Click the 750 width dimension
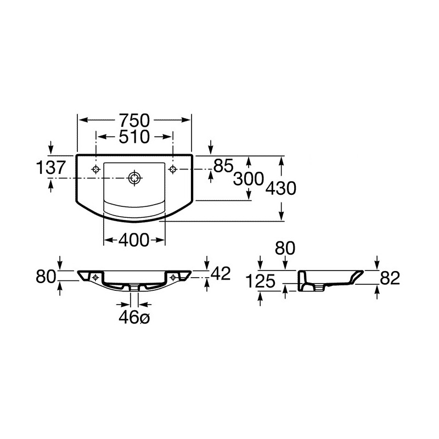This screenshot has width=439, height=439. click(x=134, y=120)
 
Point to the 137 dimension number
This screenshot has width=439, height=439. click(x=51, y=167)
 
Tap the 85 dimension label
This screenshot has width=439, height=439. click(x=223, y=166)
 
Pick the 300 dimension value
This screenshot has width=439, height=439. click(x=249, y=179)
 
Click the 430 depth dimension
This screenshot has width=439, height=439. click(x=280, y=188)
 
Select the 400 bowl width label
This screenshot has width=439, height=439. click(x=134, y=240)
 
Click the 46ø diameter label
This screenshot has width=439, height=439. click(x=134, y=318)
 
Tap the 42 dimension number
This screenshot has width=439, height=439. click(x=221, y=273)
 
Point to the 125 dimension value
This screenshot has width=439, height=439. click(x=261, y=281)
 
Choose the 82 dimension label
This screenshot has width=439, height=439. click(x=390, y=278)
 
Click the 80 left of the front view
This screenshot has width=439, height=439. click(x=46, y=277)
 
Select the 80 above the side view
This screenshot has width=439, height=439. click(x=285, y=248)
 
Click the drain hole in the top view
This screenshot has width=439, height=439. click(x=134, y=178)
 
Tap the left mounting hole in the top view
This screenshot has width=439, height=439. click(x=96, y=169)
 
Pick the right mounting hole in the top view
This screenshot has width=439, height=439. click(x=173, y=169)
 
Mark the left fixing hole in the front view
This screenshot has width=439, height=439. click(x=95, y=277)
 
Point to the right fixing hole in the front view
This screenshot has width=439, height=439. click(x=173, y=277)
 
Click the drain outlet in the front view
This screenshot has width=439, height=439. click(x=134, y=287)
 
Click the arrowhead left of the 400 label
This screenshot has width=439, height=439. click(x=109, y=240)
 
